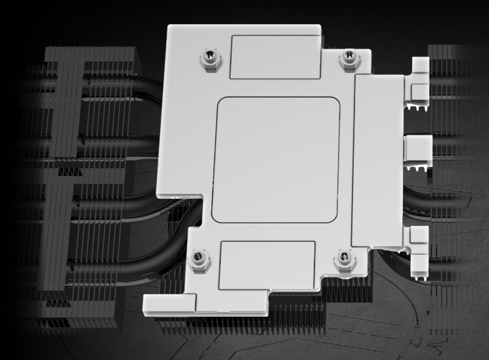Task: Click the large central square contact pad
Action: [276, 160]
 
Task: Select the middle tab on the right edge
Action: [418, 148]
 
